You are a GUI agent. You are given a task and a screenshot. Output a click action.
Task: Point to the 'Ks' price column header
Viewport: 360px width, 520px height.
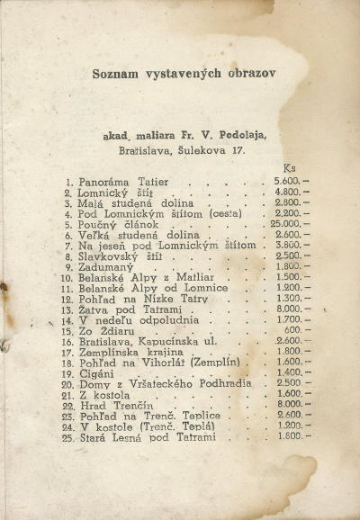pyautogui.click(x=289, y=168)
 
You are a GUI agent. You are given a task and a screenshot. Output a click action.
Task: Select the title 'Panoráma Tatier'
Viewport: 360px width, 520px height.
pyautogui.click(x=116, y=182)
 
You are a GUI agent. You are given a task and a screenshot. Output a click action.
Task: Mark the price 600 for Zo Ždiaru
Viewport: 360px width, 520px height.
pyautogui.click(x=292, y=330)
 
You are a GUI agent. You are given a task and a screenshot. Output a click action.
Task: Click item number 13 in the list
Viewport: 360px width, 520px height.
pyautogui.click(x=66, y=309)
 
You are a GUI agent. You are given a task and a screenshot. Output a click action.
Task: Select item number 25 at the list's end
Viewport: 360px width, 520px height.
pyautogui.click(x=66, y=437)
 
